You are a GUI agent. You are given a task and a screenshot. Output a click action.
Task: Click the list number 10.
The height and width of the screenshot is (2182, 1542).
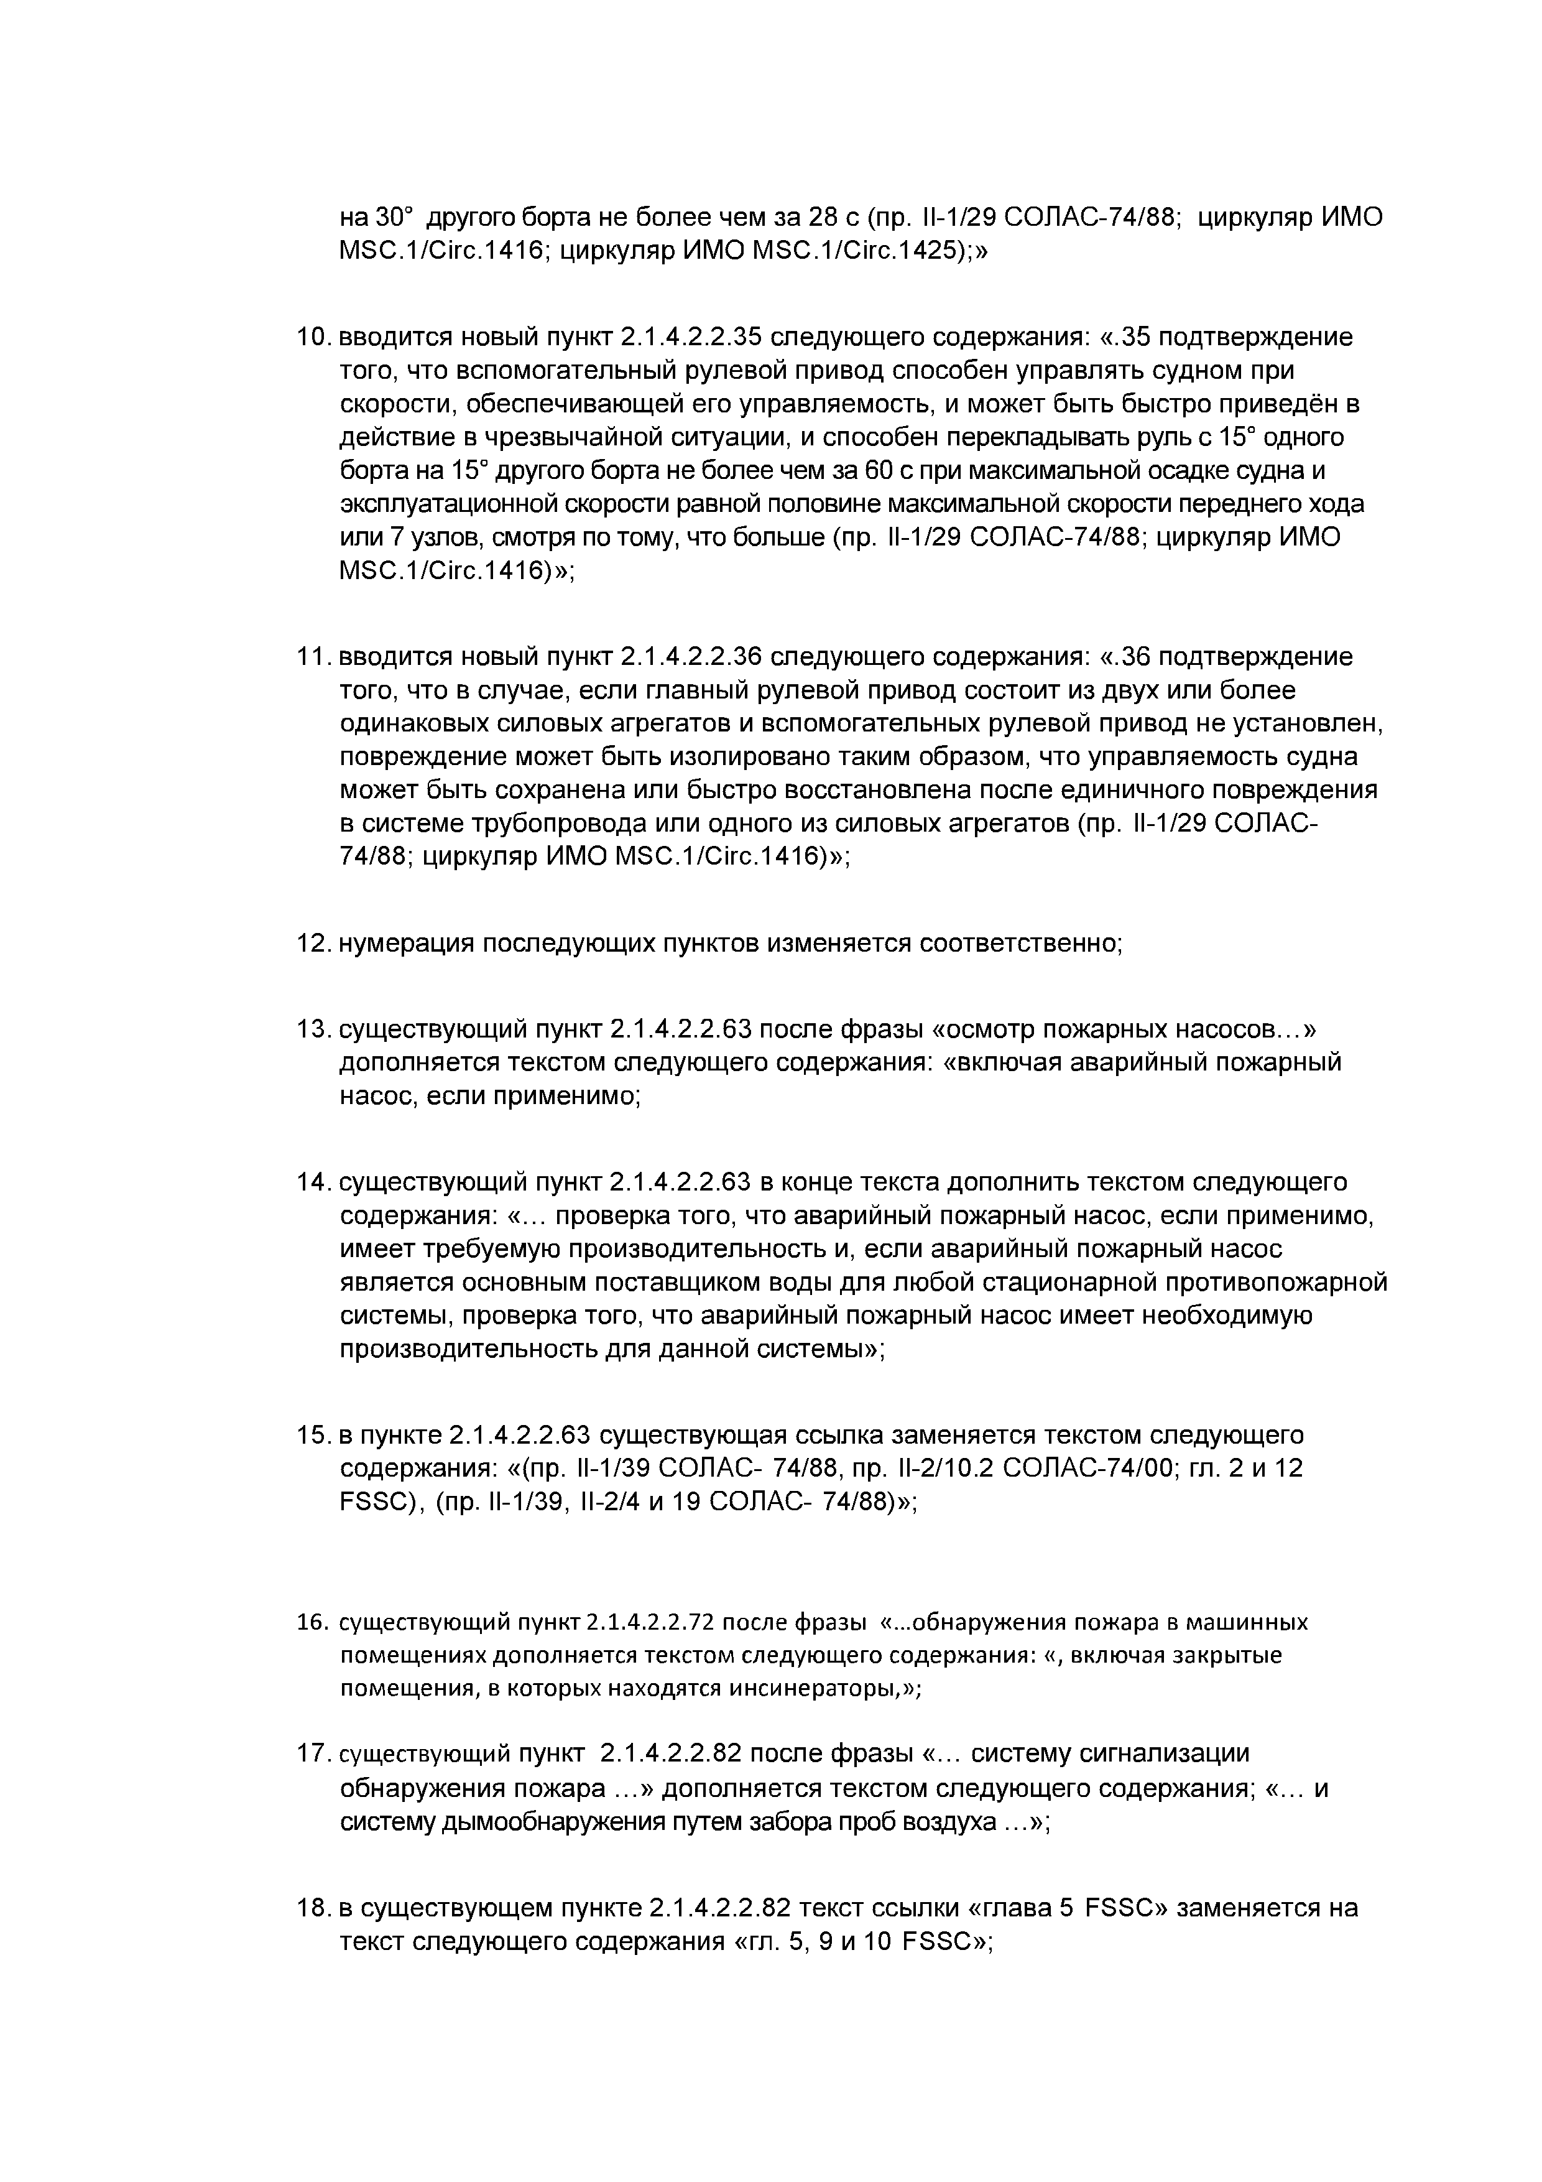point(311,337)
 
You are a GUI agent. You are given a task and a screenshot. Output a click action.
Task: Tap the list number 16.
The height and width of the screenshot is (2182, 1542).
point(312,1622)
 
